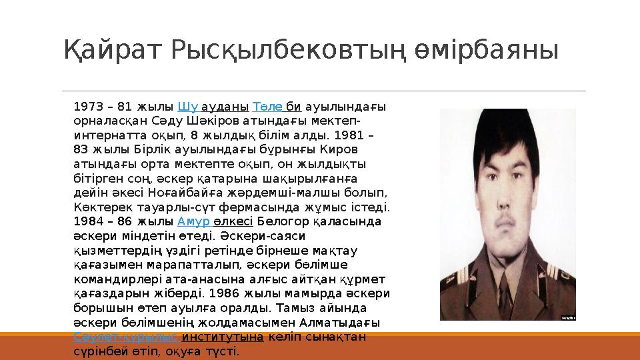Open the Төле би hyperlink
[x=277, y=107]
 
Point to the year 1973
[x=87, y=107]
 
